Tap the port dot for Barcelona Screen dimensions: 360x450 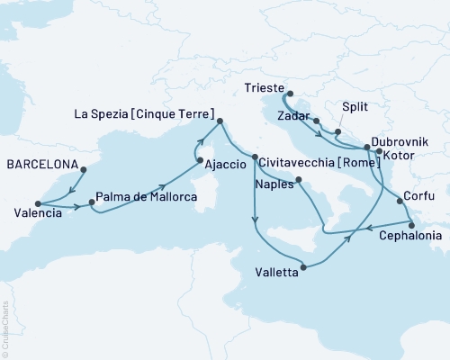pos(83,169)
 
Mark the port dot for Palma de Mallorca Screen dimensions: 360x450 pos(92,202)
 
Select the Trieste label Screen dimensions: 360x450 pos(264,89)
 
